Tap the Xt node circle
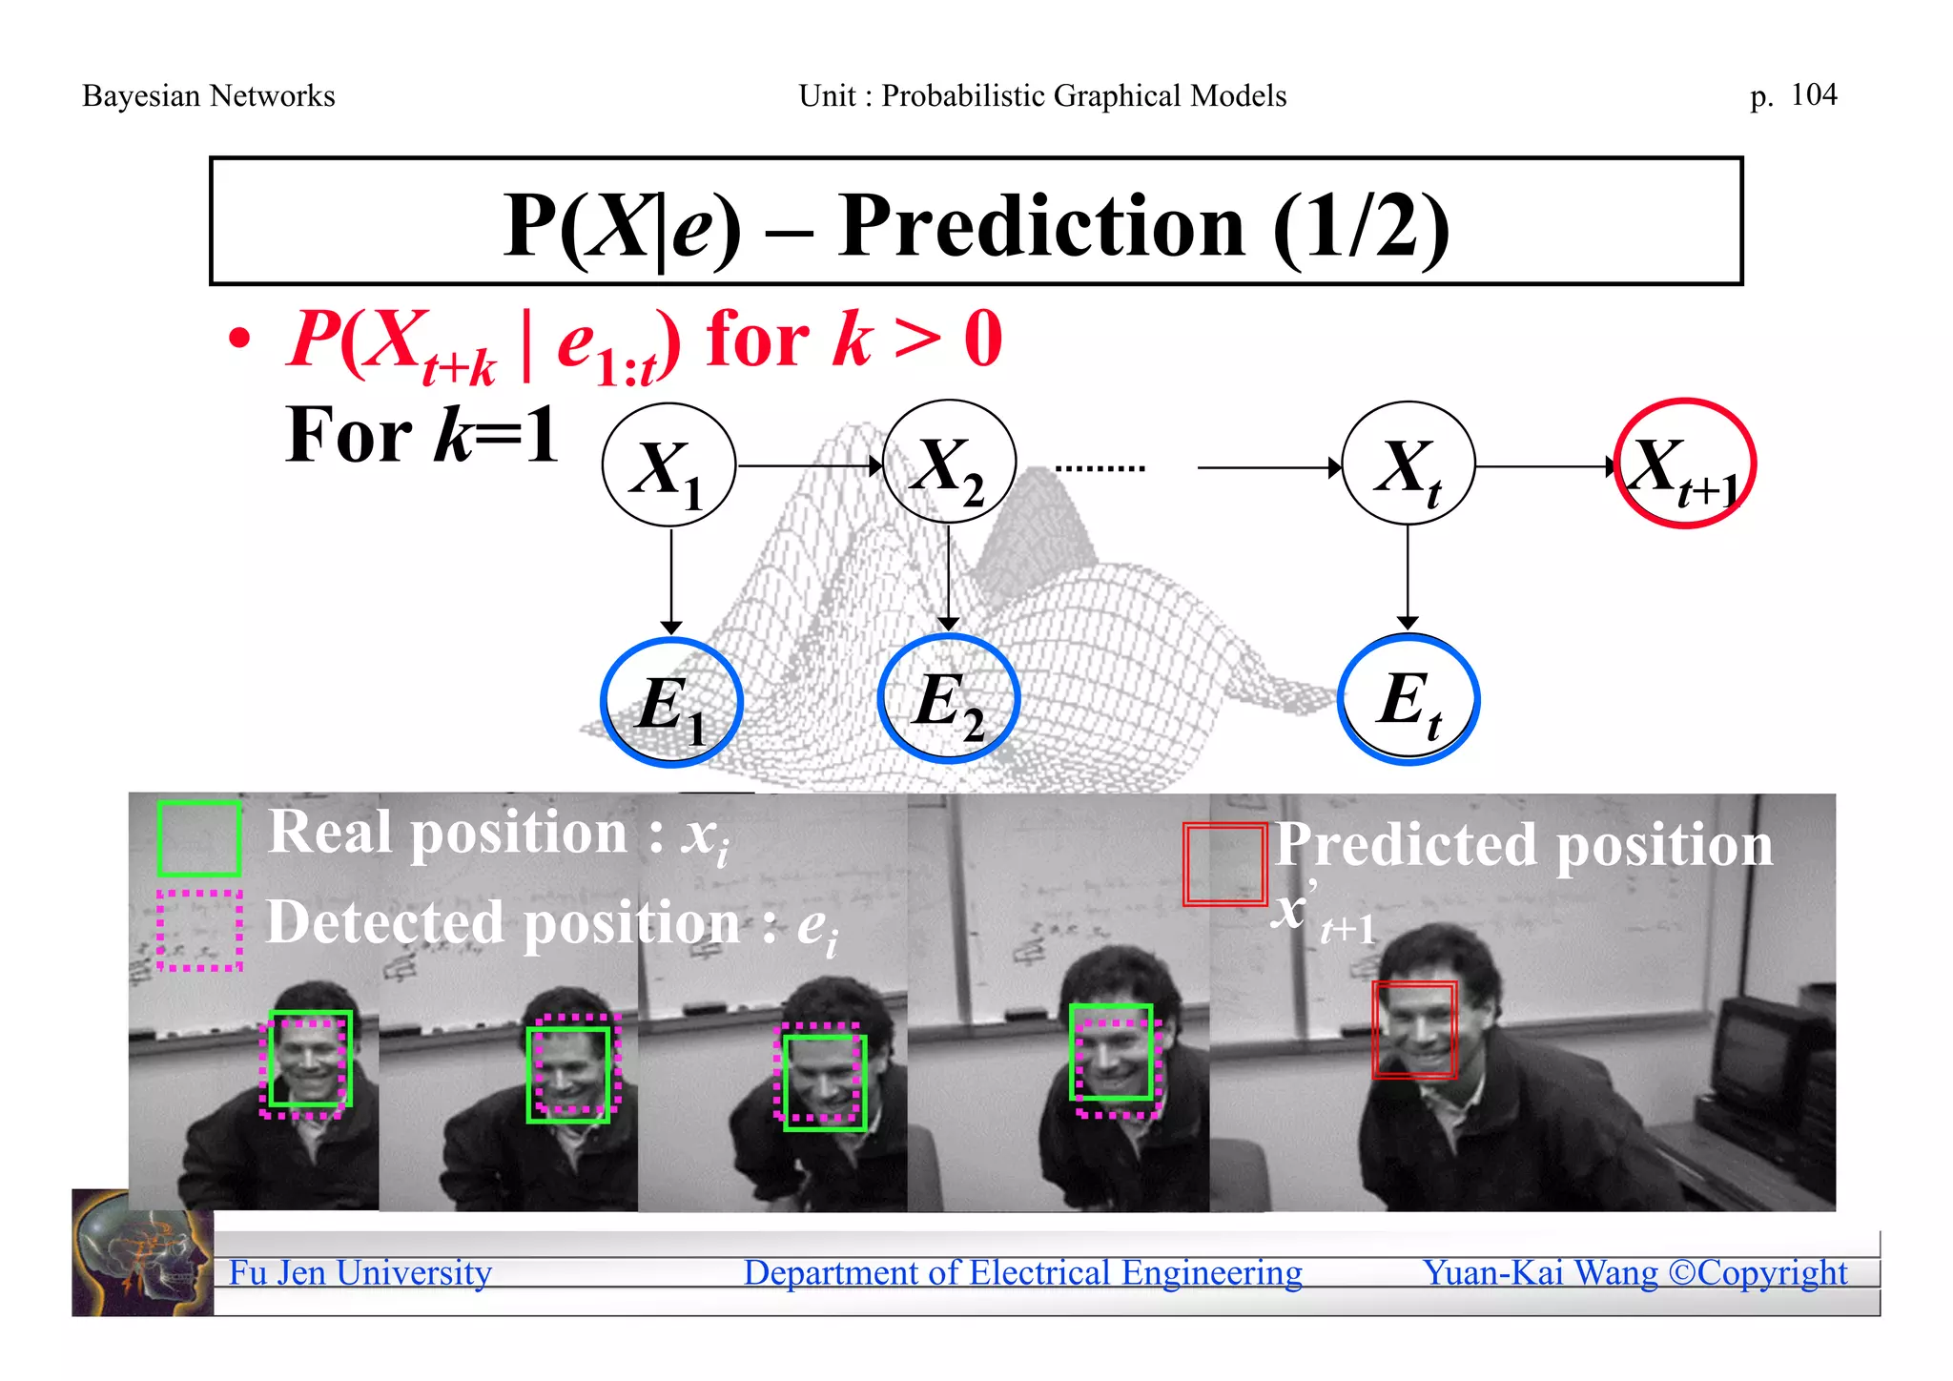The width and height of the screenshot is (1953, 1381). (1408, 464)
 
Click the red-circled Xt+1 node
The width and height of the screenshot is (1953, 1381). (1685, 464)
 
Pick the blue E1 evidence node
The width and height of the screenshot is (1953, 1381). (671, 702)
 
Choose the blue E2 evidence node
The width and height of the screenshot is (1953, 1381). (949, 699)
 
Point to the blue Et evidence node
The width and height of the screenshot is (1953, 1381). (1408, 699)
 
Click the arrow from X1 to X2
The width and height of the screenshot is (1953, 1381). (810, 466)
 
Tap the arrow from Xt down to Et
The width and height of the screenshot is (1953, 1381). (1408, 576)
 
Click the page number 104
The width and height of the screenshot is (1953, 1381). (1813, 94)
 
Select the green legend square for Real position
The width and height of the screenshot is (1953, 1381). (198, 838)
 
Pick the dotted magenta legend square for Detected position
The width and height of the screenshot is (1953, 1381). (199, 930)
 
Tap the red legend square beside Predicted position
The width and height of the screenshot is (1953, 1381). (1224, 864)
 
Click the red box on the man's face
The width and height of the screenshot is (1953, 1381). (1414, 1029)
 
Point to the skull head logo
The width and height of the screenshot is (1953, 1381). (142, 1253)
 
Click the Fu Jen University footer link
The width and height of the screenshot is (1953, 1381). (360, 1272)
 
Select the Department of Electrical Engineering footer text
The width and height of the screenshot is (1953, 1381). (1022, 1272)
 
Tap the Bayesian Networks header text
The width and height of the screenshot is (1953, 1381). (208, 96)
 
